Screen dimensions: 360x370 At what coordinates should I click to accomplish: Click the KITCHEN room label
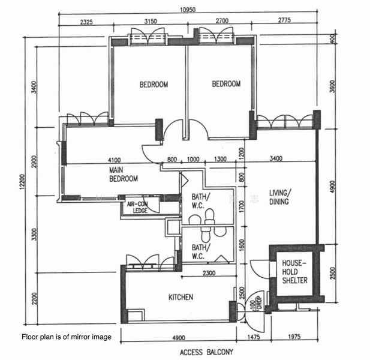click(x=181, y=296)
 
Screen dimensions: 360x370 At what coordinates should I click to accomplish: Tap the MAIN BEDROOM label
click(x=124, y=175)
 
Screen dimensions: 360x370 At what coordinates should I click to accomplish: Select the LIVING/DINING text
click(x=279, y=197)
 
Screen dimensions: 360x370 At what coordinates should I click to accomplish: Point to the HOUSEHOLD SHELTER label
click(x=294, y=272)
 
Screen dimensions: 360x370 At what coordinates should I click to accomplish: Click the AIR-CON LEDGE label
click(x=138, y=207)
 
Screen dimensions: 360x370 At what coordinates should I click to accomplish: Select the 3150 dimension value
click(x=150, y=22)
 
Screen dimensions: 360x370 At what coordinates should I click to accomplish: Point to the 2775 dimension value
click(x=284, y=22)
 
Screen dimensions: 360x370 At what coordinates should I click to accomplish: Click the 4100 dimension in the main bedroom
click(x=114, y=160)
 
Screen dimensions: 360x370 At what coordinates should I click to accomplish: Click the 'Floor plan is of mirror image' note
click(x=67, y=337)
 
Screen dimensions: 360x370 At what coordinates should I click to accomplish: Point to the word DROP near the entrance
click(x=258, y=299)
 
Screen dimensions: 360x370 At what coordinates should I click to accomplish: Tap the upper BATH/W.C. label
click(x=200, y=201)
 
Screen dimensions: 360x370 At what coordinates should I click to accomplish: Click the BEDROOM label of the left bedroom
click(x=154, y=85)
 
